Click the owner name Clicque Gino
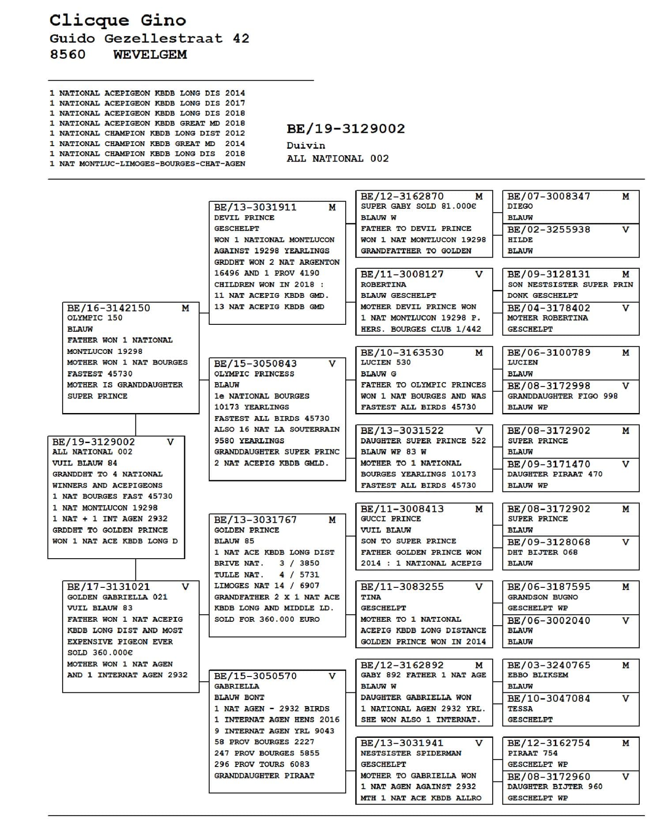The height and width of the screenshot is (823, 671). pyautogui.click(x=117, y=20)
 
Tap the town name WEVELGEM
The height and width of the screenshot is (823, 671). pyautogui.click(x=150, y=55)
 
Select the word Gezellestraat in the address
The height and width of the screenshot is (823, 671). pyautogui.click(x=163, y=38)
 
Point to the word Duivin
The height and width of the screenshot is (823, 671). pyautogui.click(x=305, y=146)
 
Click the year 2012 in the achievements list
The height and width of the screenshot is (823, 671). pyautogui.click(x=235, y=133)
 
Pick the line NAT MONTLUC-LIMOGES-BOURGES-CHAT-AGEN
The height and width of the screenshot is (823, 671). pyautogui.click(x=152, y=164)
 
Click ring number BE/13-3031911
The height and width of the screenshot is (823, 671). pyautogui.click(x=255, y=207)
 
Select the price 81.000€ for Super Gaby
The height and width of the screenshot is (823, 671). pyautogui.click(x=459, y=206)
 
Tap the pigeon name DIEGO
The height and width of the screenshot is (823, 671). pyautogui.click(x=520, y=206)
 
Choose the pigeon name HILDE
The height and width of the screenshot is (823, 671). pyautogui.click(x=520, y=240)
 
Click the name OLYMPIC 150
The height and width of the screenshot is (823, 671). pyautogui.click(x=94, y=318)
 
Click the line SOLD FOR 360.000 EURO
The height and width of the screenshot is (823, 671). pyautogui.click(x=267, y=619)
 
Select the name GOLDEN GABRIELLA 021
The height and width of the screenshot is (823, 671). pyautogui.click(x=117, y=597)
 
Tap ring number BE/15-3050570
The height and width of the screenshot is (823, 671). pyautogui.click(x=255, y=676)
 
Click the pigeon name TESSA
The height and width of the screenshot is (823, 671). pyautogui.click(x=520, y=709)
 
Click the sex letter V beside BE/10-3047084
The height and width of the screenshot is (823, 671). pyautogui.click(x=626, y=699)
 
